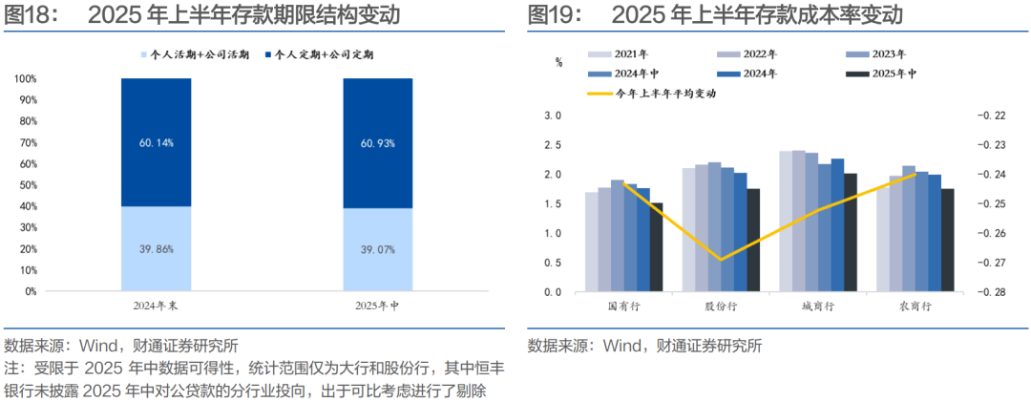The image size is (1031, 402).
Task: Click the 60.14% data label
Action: [156, 142]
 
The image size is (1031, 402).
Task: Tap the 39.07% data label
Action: [378, 248]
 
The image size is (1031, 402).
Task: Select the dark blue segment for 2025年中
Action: [378, 143]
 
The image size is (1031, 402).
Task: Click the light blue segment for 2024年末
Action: [156, 248]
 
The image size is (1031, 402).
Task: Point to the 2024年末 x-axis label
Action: [156, 306]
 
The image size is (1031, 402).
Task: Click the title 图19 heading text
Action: [715, 14]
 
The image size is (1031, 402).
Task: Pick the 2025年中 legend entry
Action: [894, 74]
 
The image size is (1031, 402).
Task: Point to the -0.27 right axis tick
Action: [992, 263]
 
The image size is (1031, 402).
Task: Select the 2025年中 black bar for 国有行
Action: [656, 246]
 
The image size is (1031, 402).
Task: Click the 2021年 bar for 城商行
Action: [786, 222]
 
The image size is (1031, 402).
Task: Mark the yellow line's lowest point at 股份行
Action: [721, 259]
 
